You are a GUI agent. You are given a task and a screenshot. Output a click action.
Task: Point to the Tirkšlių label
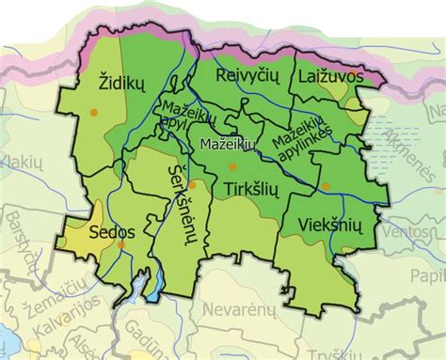pos(252,190)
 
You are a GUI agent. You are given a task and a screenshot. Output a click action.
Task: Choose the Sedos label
pos(113,231)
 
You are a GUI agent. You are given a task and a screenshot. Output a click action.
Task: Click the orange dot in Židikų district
pos(93,113)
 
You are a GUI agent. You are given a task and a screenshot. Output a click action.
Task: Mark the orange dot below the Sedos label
pos(121,245)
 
